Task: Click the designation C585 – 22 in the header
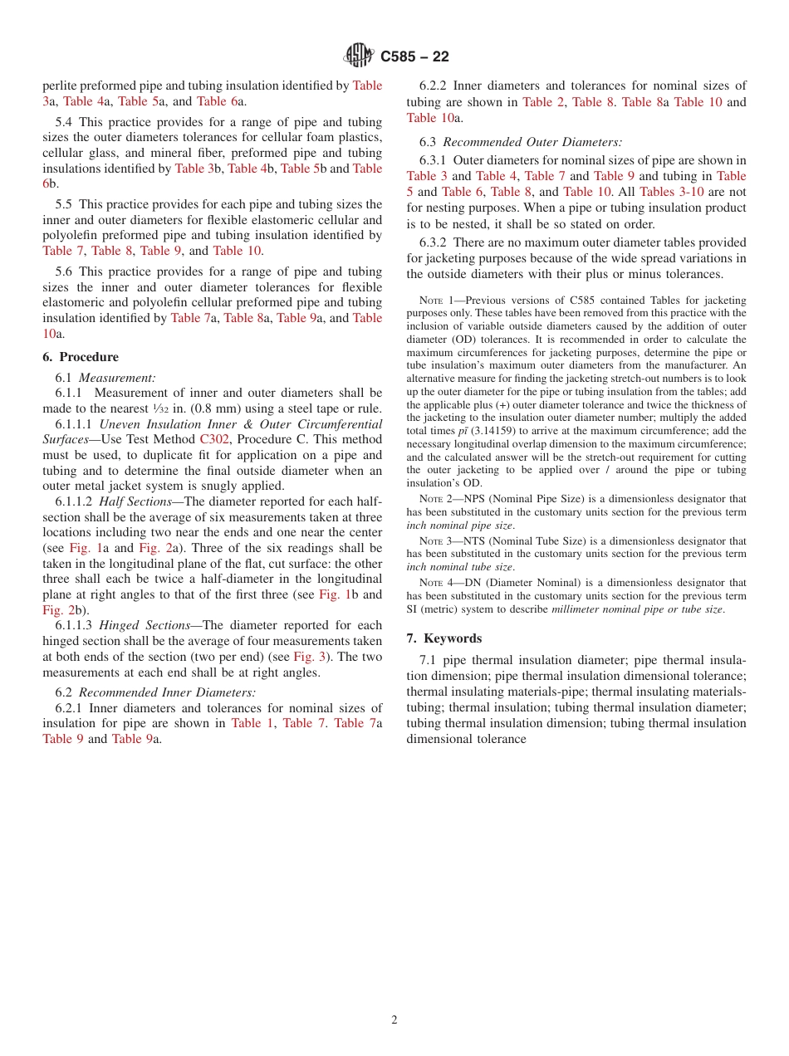pyautogui.click(x=414, y=56)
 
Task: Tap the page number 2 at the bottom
pyautogui.click(x=394, y=1020)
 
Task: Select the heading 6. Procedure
pyautogui.click(x=81, y=357)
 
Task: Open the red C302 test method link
pyautogui.click(x=214, y=439)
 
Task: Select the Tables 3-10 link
pyautogui.click(x=671, y=192)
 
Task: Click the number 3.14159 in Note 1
pyautogui.click(x=494, y=431)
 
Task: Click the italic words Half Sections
pyautogui.click(x=135, y=501)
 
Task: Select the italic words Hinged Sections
pyautogui.click(x=141, y=625)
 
